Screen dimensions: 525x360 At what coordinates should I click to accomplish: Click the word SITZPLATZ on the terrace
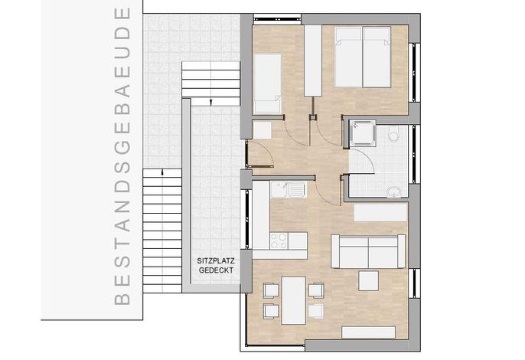click(x=216, y=260)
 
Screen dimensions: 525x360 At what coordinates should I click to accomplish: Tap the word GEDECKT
click(x=216, y=270)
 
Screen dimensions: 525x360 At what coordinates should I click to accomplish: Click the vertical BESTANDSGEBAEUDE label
click(x=122, y=156)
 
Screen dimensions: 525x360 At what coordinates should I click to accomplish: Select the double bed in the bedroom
click(x=363, y=57)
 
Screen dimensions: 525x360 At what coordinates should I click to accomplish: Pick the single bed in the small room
click(x=268, y=83)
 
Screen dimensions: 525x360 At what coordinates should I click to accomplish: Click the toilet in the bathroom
click(x=394, y=135)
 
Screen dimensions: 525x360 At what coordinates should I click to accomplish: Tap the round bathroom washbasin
click(x=394, y=192)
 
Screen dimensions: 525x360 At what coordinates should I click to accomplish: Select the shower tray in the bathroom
click(x=363, y=134)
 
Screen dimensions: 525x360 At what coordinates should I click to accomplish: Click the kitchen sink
click(x=288, y=189)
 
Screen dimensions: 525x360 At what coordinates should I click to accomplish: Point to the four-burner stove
click(x=279, y=241)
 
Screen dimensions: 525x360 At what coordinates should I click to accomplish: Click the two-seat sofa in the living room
click(x=368, y=251)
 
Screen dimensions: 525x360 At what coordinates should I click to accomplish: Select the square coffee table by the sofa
click(x=369, y=280)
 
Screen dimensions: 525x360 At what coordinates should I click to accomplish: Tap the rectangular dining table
click(x=293, y=300)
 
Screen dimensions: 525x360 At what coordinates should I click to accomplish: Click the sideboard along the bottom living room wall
click(x=368, y=332)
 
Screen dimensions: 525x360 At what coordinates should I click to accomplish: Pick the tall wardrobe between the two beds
click(x=313, y=61)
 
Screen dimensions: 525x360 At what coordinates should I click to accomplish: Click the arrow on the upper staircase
click(x=210, y=102)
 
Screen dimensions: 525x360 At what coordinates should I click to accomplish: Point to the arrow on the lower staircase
click(x=163, y=172)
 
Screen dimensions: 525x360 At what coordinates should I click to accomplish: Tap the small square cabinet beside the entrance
click(x=262, y=130)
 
